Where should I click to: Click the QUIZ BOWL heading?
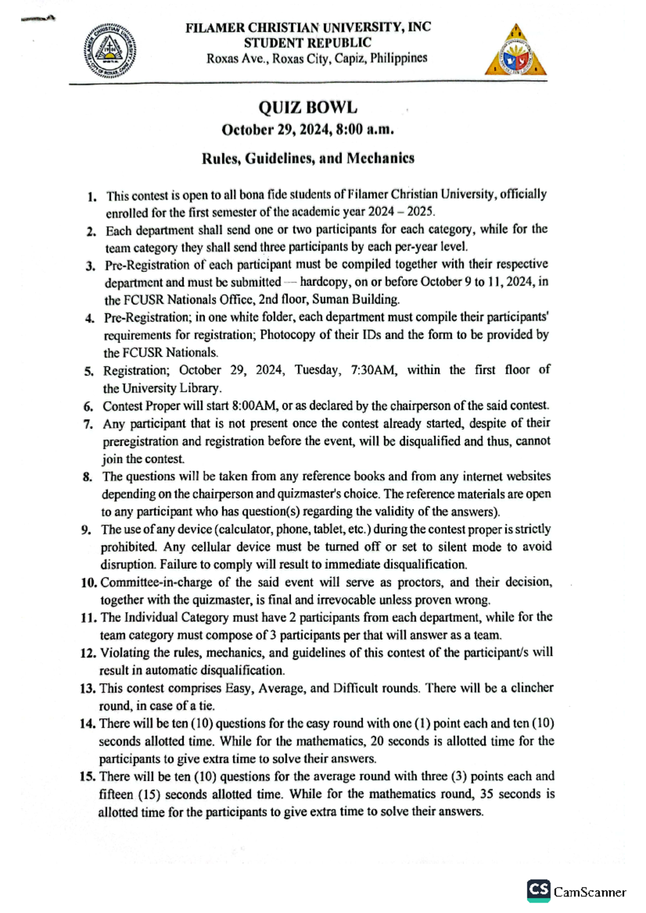[307, 108]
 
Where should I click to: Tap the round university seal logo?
[110, 52]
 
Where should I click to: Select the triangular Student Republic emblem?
[515, 52]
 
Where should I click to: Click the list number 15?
[88, 776]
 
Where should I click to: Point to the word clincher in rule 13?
[531, 688]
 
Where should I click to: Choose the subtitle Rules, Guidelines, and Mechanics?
[307, 158]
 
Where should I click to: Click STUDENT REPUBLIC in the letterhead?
[307, 42]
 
